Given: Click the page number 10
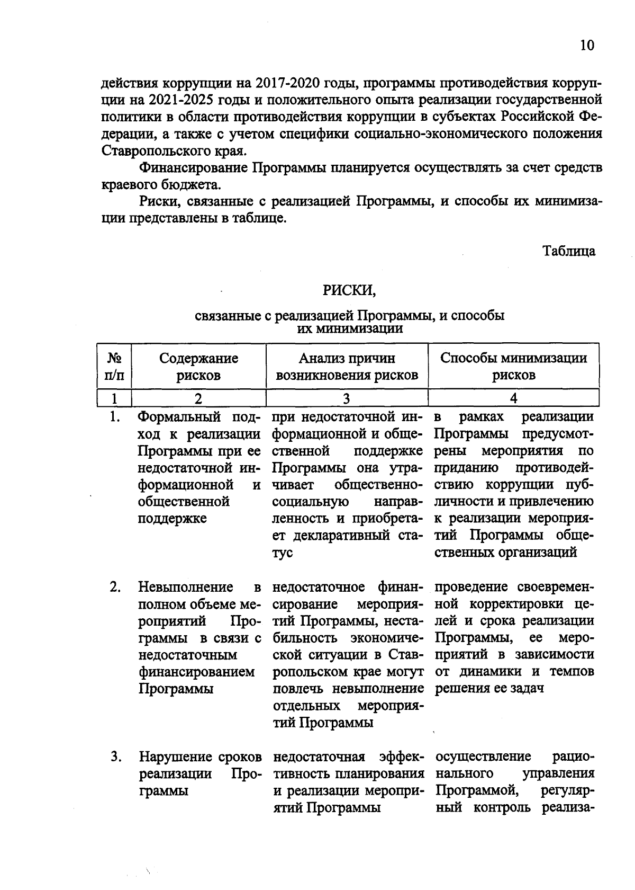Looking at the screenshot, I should click(587, 46).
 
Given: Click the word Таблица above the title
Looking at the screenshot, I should click(569, 251).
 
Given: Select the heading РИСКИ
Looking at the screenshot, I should click(349, 290).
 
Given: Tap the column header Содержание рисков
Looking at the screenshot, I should click(198, 367).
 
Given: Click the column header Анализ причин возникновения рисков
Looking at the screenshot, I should click(347, 367).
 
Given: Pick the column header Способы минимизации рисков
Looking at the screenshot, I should click(513, 367).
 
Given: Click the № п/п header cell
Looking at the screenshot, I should click(115, 367).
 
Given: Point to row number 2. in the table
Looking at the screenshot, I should click(115, 587).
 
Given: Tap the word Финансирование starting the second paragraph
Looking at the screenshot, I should click(193, 168).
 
